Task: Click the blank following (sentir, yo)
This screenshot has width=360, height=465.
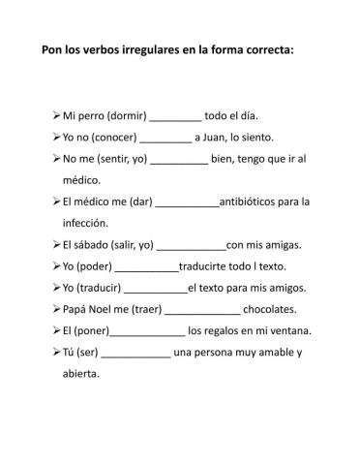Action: pos(179,159)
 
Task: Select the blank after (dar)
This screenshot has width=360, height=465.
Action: pos(187,202)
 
